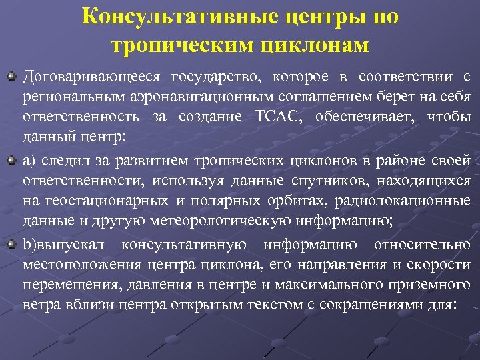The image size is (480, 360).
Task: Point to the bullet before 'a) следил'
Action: point(11,161)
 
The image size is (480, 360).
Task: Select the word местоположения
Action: point(78,265)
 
